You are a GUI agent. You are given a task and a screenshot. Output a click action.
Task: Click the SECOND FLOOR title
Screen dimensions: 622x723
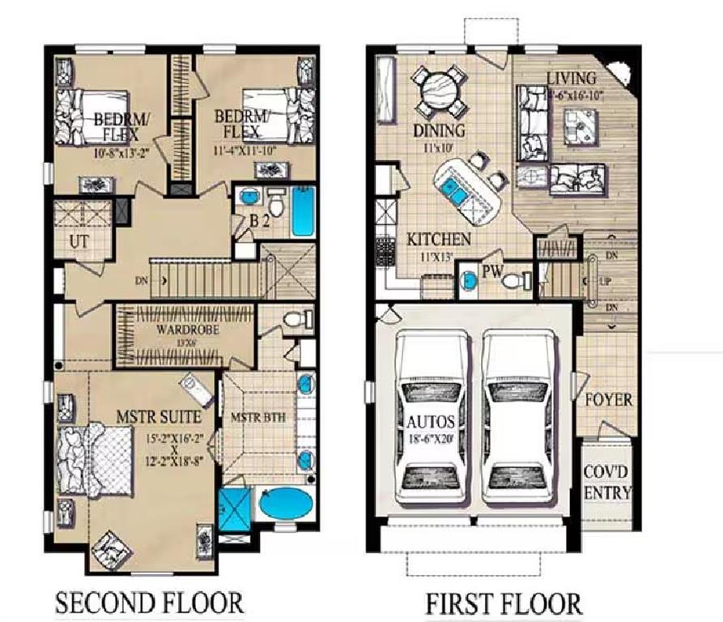149,603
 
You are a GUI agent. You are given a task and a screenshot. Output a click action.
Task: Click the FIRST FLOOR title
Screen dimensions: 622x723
503,603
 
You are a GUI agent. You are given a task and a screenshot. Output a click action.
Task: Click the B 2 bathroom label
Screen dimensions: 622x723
259,219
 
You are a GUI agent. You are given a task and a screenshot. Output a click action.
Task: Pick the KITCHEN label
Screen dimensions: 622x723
438,239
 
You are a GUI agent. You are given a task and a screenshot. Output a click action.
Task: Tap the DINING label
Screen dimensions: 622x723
439,131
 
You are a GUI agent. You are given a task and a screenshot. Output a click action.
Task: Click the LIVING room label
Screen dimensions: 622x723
572,79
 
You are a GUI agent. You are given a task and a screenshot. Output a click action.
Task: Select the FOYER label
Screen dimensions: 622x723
607,400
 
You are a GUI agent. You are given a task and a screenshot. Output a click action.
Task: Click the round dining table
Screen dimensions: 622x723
437,86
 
